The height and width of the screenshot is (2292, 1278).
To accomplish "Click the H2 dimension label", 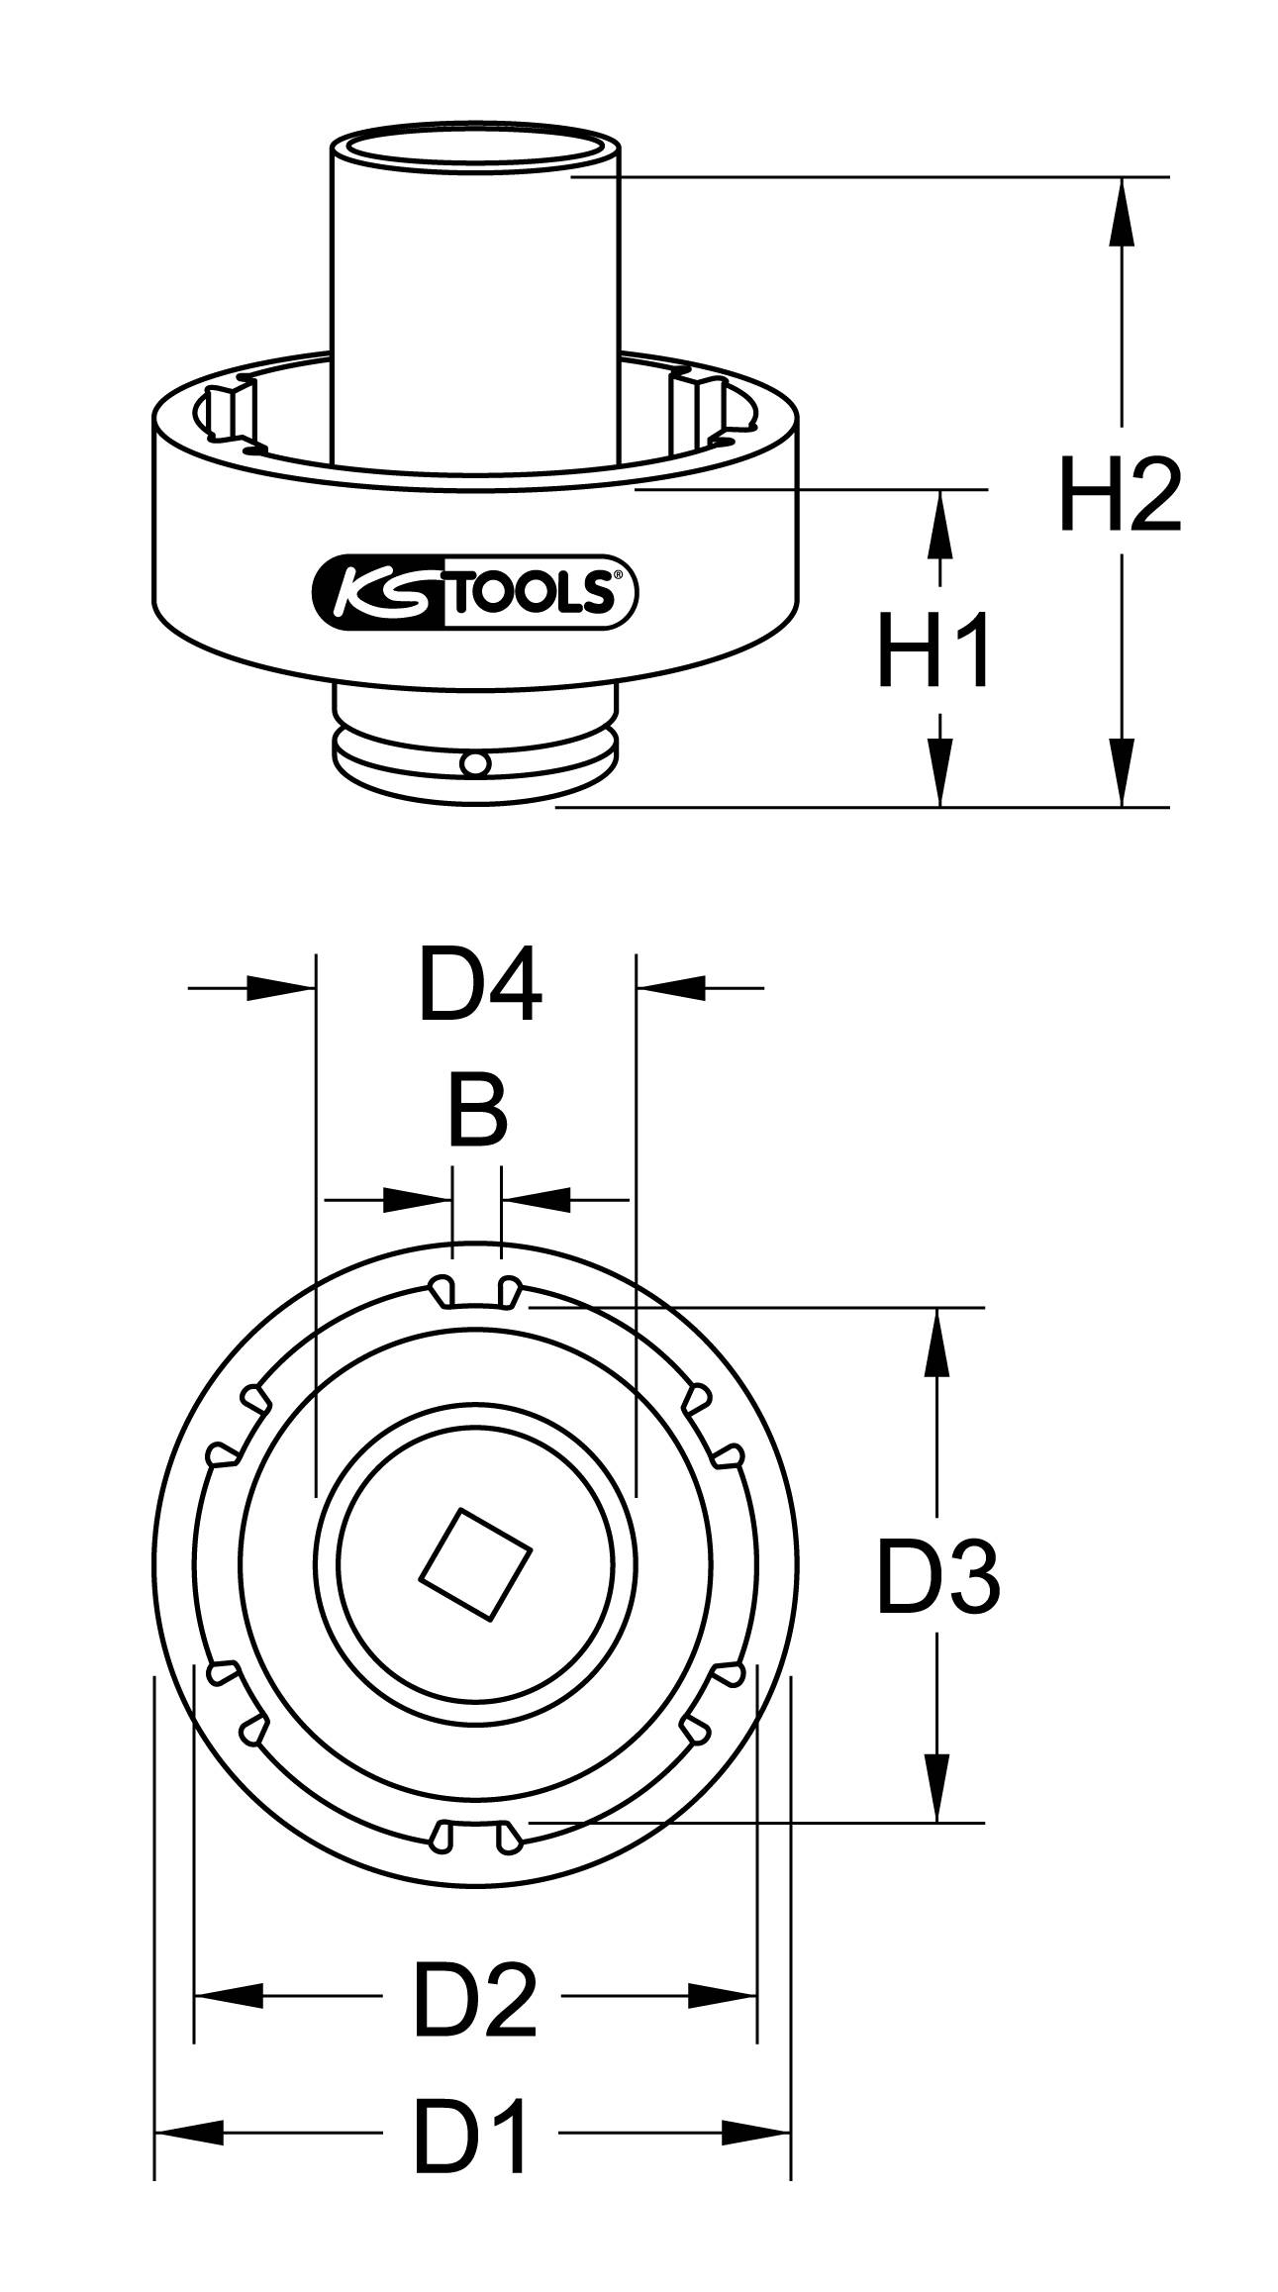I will coord(1120,493).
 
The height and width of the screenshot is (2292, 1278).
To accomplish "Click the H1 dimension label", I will coord(934,648).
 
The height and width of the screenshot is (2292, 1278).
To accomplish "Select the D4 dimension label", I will coord(479,986).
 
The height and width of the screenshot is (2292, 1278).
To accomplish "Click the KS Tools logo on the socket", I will coord(474,592).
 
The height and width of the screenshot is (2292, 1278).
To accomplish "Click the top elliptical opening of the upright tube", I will coord(474,146).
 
